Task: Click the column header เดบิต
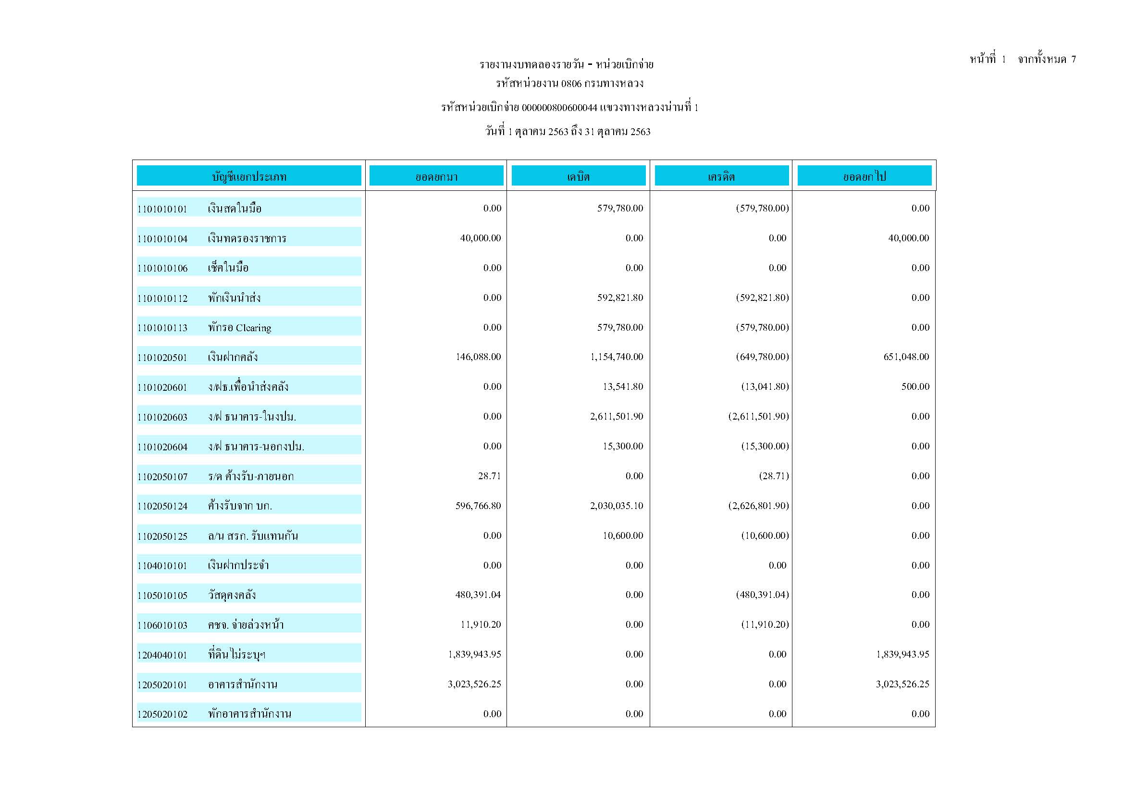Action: [x=578, y=176]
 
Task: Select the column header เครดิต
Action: [x=721, y=176]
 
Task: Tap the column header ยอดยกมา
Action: [x=436, y=176]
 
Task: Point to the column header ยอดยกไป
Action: [x=864, y=176]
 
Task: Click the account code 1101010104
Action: [x=162, y=239]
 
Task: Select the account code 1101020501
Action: [x=162, y=358]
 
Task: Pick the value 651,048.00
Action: [x=906, y=357]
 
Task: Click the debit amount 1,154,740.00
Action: [x=617, y=357]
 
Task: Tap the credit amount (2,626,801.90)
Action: [x=758, y=506]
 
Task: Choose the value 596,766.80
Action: [x=478, y=506]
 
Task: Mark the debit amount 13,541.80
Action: [x=623, y=387]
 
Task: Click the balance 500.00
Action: [x=915, y=387]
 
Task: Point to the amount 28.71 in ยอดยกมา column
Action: [x=490, y=476]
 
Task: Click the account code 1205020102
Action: [x=162, y=715]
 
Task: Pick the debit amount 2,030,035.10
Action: [x=617, y=506]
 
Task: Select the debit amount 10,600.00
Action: [x=623, y=535]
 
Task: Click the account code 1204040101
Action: [x=162, y=655]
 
